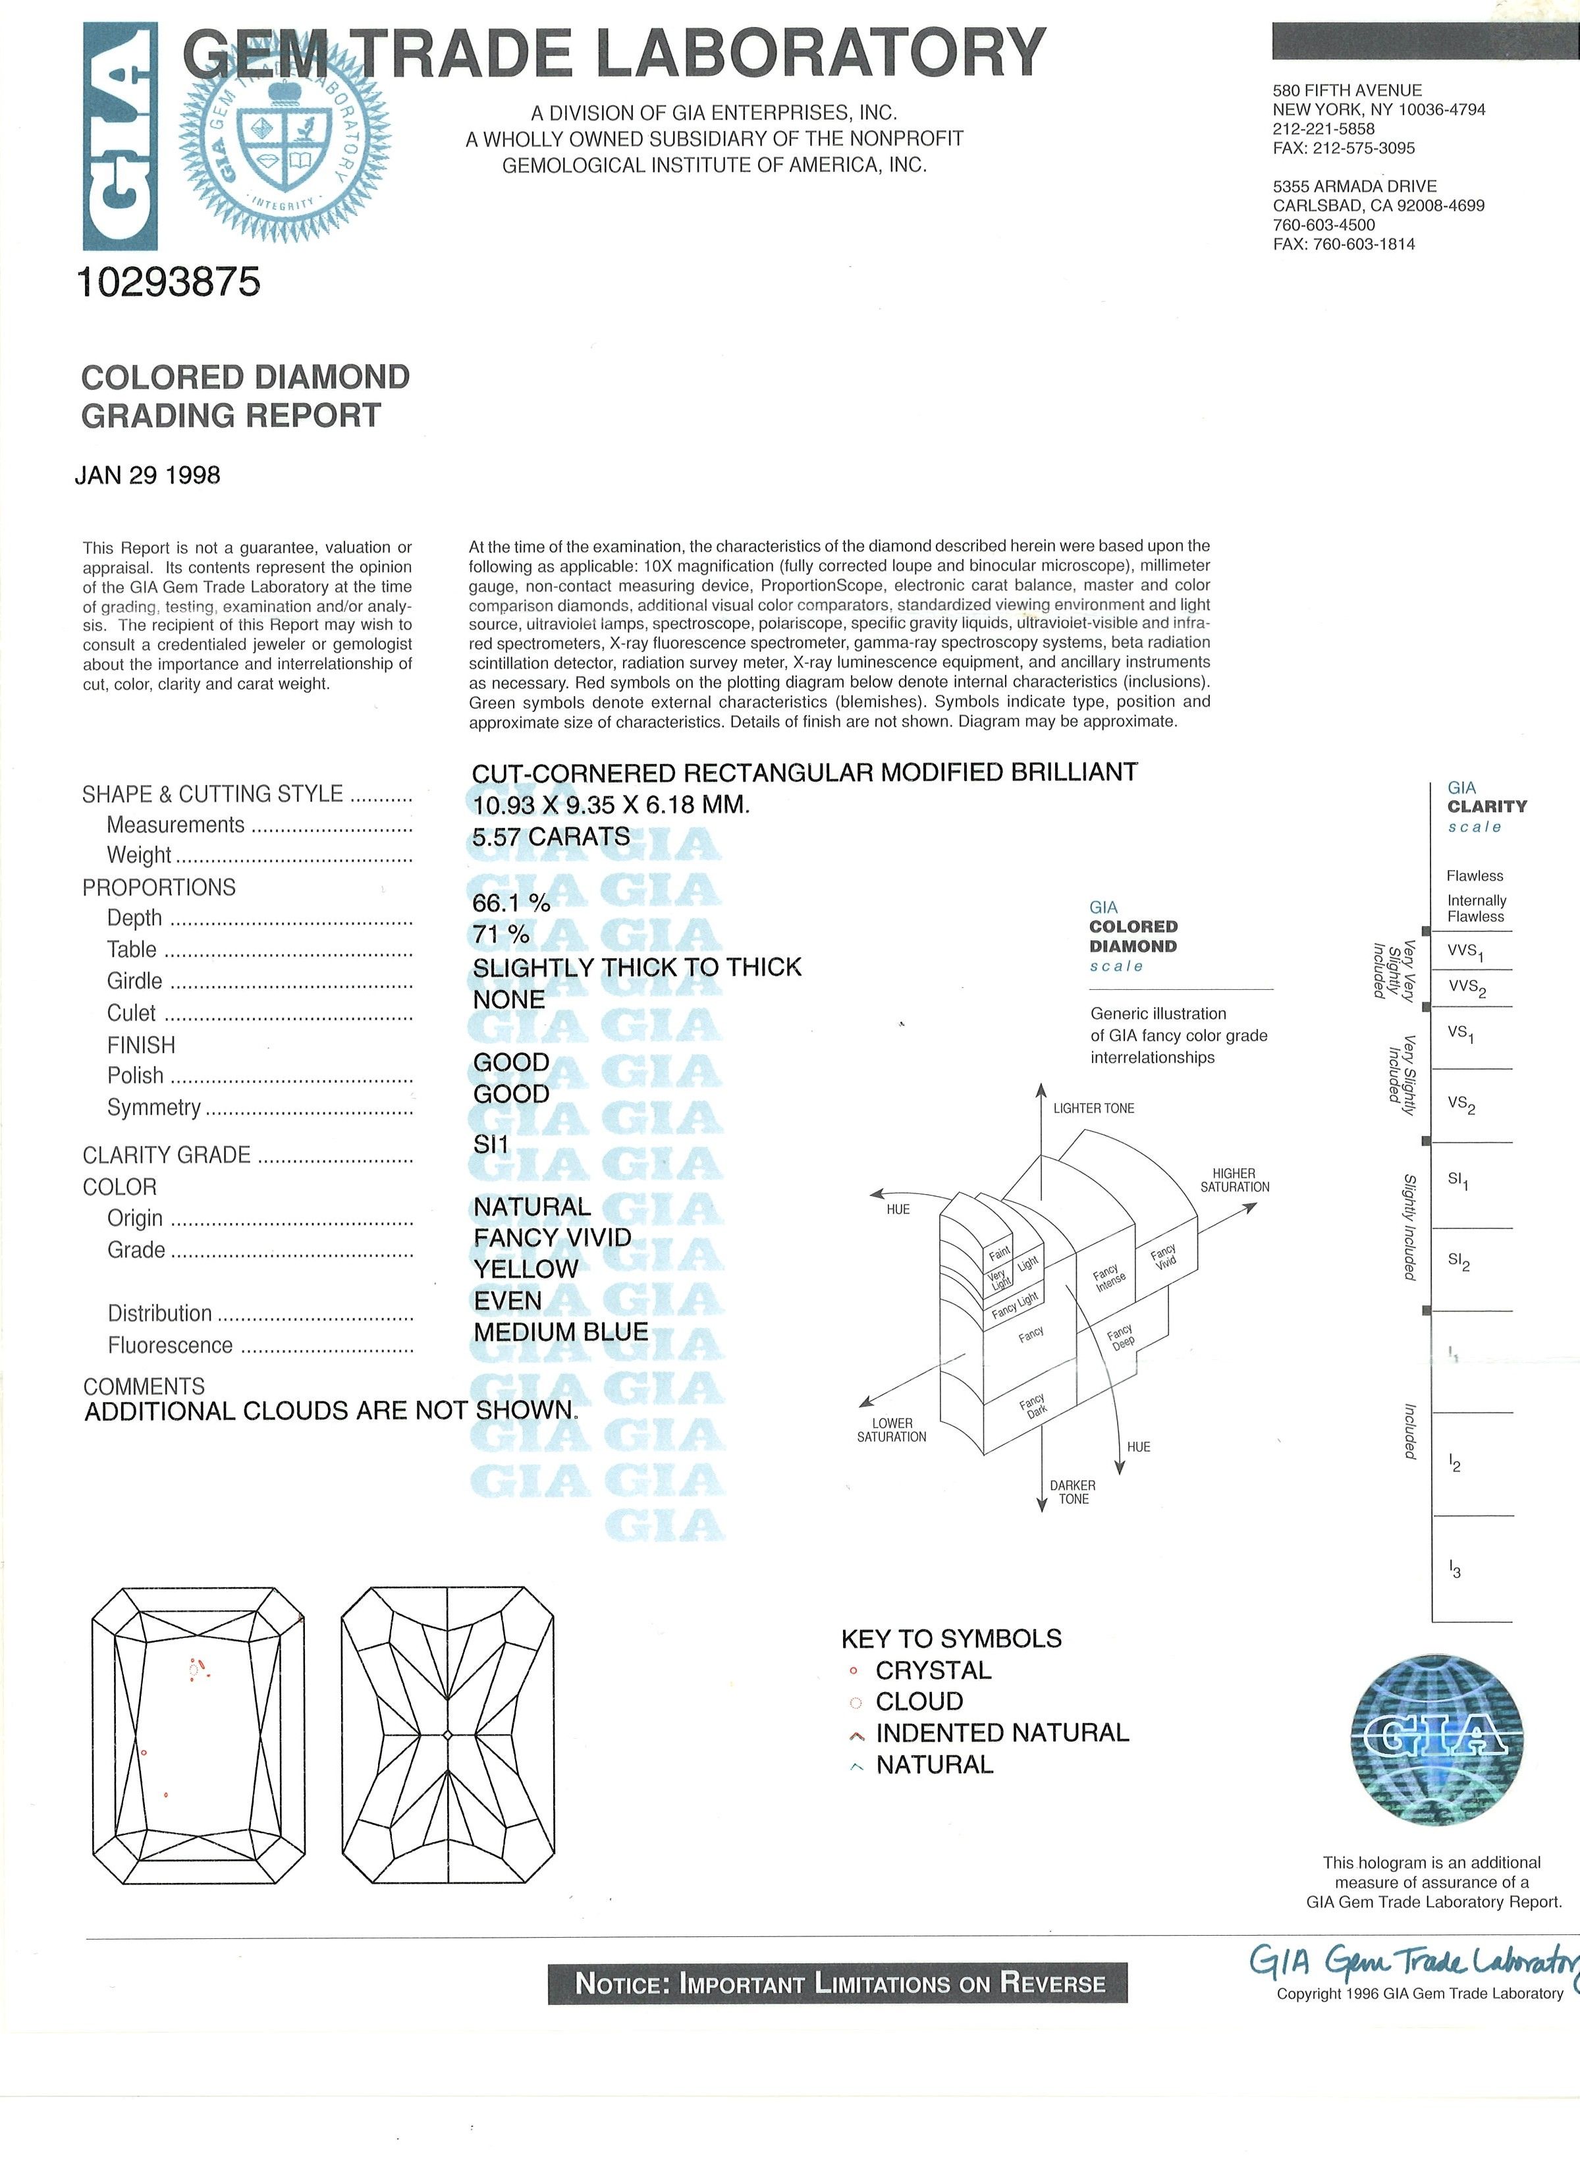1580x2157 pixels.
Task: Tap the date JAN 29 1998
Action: (148, 476)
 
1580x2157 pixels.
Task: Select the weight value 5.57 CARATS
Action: (551, 837)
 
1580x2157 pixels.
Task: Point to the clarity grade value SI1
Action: (491, 1144)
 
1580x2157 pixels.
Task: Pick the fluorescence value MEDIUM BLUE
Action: (560, 1332)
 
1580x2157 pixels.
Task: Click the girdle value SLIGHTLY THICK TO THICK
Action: (637, 967)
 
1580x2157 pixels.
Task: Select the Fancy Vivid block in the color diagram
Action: (1164, 1257)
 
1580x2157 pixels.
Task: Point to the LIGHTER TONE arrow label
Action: (1093, 1108)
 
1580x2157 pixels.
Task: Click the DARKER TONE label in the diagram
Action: (1073, 1492)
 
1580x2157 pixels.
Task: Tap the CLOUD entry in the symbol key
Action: (919, 1702)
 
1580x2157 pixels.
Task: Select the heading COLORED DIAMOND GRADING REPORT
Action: (245, 396)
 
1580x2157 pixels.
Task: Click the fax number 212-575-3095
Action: (1344, 148)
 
